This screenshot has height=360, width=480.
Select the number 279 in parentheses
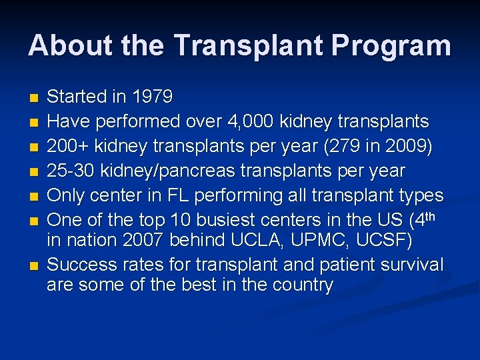[x=356, y=146]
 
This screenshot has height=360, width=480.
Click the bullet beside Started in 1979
[x=34, y=98]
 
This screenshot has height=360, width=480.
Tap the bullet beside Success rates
[x=34, y=266]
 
